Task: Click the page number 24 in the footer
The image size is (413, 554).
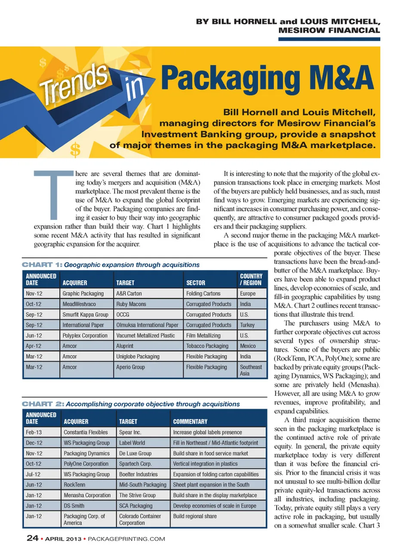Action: (33, 538)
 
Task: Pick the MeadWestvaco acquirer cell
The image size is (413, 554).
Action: (79, 304)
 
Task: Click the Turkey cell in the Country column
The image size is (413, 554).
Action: (247, 325)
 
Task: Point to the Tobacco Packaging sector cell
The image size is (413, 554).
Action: (207, 346)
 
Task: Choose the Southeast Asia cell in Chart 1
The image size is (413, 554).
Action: (250, 370)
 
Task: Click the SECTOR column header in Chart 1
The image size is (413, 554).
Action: (195, 283)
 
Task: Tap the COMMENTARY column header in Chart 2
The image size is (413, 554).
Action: (190, 422)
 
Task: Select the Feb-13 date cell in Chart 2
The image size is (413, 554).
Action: (34, 432)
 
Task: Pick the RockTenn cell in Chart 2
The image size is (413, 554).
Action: (74, 485)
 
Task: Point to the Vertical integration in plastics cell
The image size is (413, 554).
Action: (205, 464)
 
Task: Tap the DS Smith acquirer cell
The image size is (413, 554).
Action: (74, 506)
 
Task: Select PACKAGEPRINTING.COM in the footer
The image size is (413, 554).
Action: (126, 539)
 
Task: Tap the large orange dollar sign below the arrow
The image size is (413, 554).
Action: (75, 150)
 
